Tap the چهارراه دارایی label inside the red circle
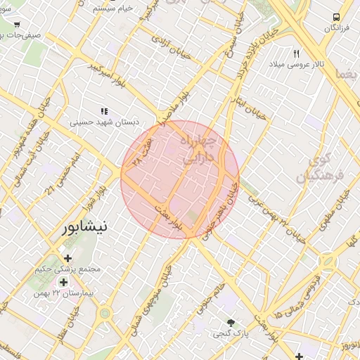200,151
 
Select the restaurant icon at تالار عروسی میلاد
296,53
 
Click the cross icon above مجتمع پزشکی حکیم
67,258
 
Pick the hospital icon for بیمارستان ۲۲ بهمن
64,282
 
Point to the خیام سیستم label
114,7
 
